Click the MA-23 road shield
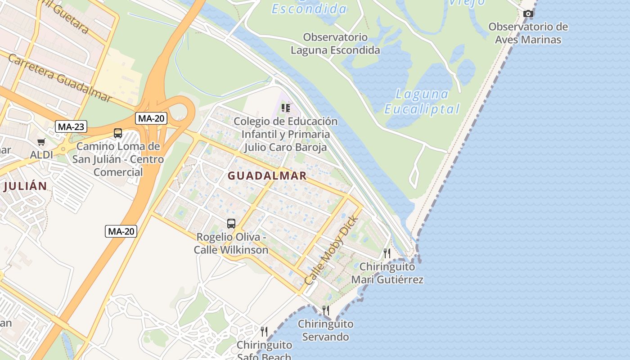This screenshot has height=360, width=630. [x=71, y=127]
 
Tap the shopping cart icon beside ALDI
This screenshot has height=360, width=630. [x=41, y=142]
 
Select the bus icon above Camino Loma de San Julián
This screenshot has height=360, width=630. [x=118, y=133]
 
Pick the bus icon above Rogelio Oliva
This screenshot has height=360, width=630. [x=231, y=224]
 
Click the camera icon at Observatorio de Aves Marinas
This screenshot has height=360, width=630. [x=528, y=14]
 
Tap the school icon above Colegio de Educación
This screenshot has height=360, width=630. [x=285, y=108]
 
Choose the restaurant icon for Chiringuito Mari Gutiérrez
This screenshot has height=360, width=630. [x=387, y=253]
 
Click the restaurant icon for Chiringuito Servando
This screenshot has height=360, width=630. [x=325, y=310]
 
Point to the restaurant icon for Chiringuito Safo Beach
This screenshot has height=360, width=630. [x=264, y=332]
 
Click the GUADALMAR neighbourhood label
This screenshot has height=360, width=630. [x=267, y=176]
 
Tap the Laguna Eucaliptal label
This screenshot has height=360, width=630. [x=422, y=101]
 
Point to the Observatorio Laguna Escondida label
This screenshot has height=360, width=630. [x=335, y=44]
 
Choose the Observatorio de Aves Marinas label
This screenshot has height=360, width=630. [x=528, y=33]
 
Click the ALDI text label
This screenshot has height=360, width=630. [x=41, y=155]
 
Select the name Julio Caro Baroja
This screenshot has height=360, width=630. [x=285, y=147]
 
